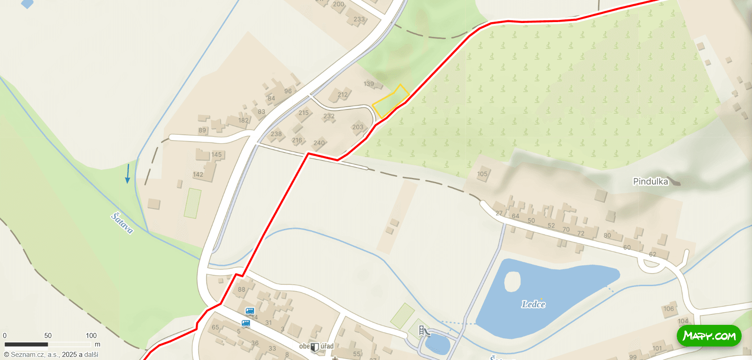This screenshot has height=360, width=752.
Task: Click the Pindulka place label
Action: [x=650, y=182]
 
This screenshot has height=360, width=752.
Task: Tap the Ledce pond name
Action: [x=533, y=305]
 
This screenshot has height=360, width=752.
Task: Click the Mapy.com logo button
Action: [x=709, y=336]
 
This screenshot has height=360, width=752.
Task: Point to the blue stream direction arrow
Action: [x=128, y=174]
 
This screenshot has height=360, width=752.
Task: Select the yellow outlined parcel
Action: [x=390, y=102]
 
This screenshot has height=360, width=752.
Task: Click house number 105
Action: [x=482, y=174]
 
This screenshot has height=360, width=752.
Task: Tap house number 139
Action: [x=369, y=84]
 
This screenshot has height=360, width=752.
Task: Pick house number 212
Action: [x=343, y=95]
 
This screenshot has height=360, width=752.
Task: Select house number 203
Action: [x=358, y=127]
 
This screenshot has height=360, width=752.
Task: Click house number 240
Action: [x=319, y=143]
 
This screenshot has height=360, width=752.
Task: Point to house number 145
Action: [x=217, y=155]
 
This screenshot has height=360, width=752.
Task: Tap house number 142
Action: [x=198, y=174]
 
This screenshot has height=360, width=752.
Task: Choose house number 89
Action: [x=202, y=130]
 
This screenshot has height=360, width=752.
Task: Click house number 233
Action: [x=359, y=19]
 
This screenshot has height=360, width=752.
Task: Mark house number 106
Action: [x=669, y=309]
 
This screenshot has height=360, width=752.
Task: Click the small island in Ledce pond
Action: [x=512, y=282]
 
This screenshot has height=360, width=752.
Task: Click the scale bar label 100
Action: [x=91, y=336]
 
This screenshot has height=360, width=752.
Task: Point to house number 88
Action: [x=242, y=290]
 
